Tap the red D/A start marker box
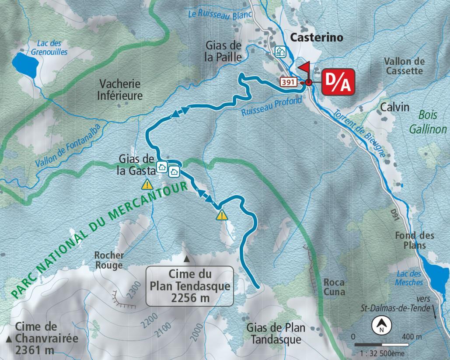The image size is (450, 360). [338, 81]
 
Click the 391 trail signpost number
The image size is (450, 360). [289, 82]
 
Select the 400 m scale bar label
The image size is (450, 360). [412, 337]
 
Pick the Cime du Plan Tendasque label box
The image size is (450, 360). [189, 286]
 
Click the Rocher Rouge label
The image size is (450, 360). [109, 260]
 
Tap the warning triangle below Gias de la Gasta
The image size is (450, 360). [147, 185]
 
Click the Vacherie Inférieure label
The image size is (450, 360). [121, 89]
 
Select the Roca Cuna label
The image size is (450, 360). [334, 287]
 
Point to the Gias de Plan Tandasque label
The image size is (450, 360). [276, 333]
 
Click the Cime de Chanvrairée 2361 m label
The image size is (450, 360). [42, 338]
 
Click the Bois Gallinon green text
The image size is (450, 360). [428, 122]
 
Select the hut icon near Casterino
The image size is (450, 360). [280, 52]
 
